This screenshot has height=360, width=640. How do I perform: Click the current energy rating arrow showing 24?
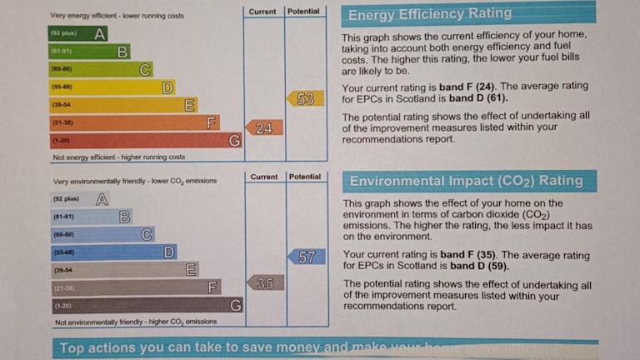pyautogui.click(x=263, y=127)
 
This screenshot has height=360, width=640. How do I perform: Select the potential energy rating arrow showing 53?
pyautogui.click(x=305, y=98)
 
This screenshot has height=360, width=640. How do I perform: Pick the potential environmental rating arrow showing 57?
pyautogui.click(x=306, y=257)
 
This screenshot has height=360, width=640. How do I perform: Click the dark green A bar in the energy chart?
pyautogui.click(x=79, y=34)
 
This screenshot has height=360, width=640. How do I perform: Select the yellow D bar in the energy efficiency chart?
pyautogui.click(x=112, y=87)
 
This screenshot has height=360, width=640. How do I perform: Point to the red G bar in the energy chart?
pyautogui.click(x=146, y=141)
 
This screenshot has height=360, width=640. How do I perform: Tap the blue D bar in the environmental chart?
pyautogui.click(x=113, y=252)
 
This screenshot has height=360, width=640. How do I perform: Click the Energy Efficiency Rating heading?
pyautogui.click(x=430, y=14)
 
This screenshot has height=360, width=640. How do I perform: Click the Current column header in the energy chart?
pyautogui.click(x=262, y=12)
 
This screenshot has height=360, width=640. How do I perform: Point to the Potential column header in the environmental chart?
pyautogui.click(x=305, y=177)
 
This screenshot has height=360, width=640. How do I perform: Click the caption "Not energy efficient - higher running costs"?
pyautogui.click(x=119, y=157)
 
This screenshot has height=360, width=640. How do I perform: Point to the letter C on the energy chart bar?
pyautogui.click(x=145, y=69)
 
